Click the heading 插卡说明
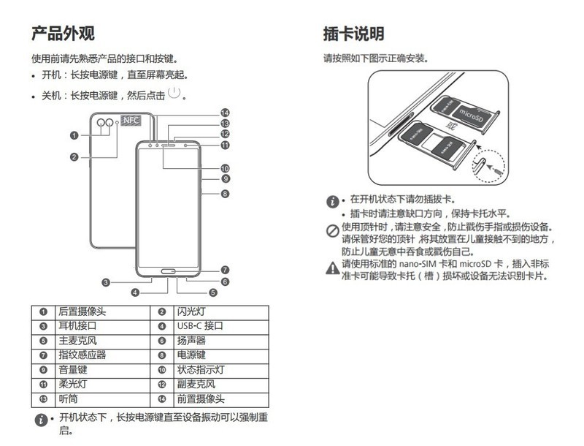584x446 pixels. tap(353, 33)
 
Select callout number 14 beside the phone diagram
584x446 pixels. tap(226, 113)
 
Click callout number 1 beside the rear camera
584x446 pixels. tap(74, 135)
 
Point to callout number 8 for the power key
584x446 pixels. tap(226, 194)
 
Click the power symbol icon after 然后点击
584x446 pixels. tap(174, 93)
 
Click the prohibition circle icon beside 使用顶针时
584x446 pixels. tap(332, 231)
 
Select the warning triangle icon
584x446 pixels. tap(332, 268)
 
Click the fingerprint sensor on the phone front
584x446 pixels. tap(171, 277)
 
